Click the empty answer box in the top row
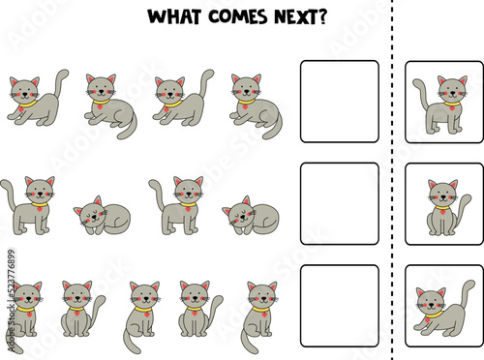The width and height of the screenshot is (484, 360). (339, 101)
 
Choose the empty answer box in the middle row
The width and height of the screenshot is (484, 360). (339, 202)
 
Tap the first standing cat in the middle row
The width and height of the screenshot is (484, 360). (31, 205)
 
